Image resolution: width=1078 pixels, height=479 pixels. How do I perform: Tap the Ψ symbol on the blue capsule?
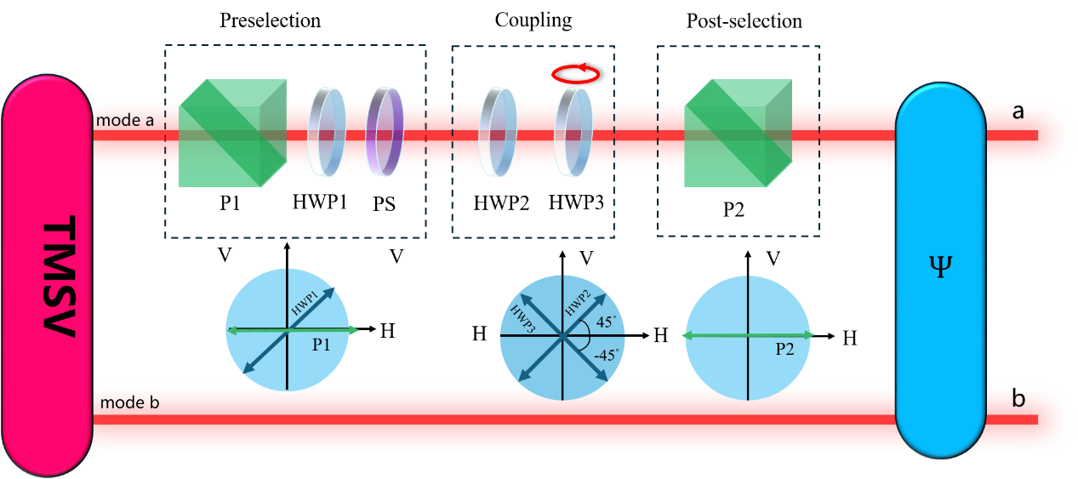point(940,266)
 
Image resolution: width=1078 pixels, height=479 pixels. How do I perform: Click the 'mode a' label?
point(125,121)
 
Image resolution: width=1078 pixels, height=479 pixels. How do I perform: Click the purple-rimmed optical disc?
point(385,132)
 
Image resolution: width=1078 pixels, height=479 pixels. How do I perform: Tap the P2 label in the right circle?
point(784,349)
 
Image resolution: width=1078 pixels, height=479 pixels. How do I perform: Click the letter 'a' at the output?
point(1018,111)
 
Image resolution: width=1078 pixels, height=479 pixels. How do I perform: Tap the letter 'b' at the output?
point(1018,399)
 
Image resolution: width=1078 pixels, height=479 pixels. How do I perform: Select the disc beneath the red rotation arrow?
point(572,133)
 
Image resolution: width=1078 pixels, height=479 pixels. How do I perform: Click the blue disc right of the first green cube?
point(328,132)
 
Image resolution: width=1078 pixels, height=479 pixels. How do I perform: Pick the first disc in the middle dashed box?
point(498,132)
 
